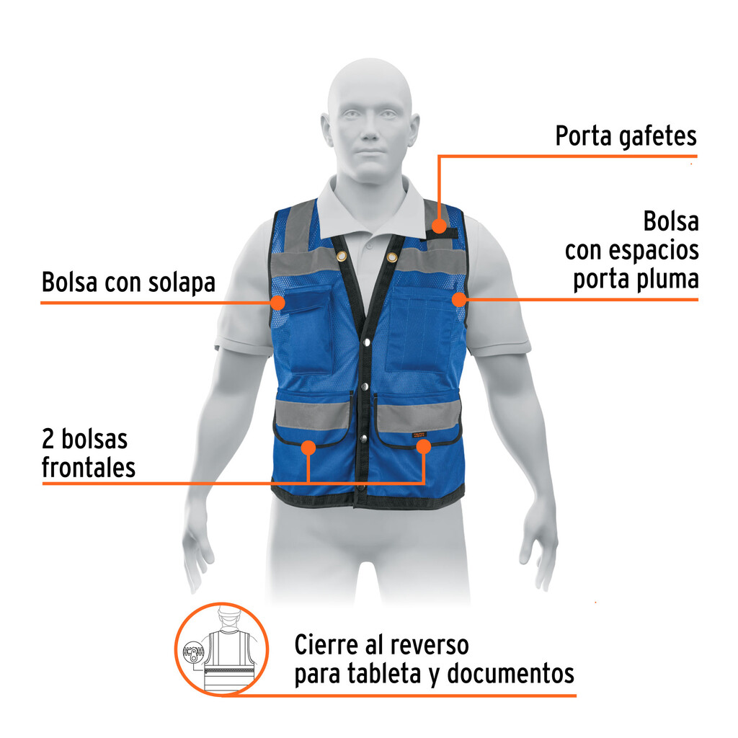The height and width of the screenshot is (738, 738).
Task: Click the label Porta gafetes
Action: coord(626,137)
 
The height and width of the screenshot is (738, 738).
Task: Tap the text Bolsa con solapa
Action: coord(128,283)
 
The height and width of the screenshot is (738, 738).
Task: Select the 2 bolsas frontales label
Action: coord(89,453)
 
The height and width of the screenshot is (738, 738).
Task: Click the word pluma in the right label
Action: coord(667,280)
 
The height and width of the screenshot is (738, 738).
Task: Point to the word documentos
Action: coord(511,674)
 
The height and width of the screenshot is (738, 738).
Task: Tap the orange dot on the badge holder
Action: coord(439,225)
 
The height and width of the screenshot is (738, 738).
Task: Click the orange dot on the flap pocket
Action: coord(277,302)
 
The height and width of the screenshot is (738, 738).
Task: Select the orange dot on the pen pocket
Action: coord(459,299)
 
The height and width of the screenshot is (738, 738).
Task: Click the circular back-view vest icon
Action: coord(221,649)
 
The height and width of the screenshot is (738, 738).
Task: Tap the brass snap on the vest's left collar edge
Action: coord(341,257)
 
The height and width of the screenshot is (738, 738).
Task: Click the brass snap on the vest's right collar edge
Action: coord(391,257)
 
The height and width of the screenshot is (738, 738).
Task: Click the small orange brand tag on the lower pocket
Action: coord(419,435)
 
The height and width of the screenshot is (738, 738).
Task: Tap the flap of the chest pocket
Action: coord(304,298)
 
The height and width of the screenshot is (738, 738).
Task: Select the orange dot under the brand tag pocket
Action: coord(424,446)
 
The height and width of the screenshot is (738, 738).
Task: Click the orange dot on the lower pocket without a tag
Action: coord(308,448)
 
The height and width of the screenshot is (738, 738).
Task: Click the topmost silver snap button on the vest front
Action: coord(367,342)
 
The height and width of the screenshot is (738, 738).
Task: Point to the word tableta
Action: coord(386,674)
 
